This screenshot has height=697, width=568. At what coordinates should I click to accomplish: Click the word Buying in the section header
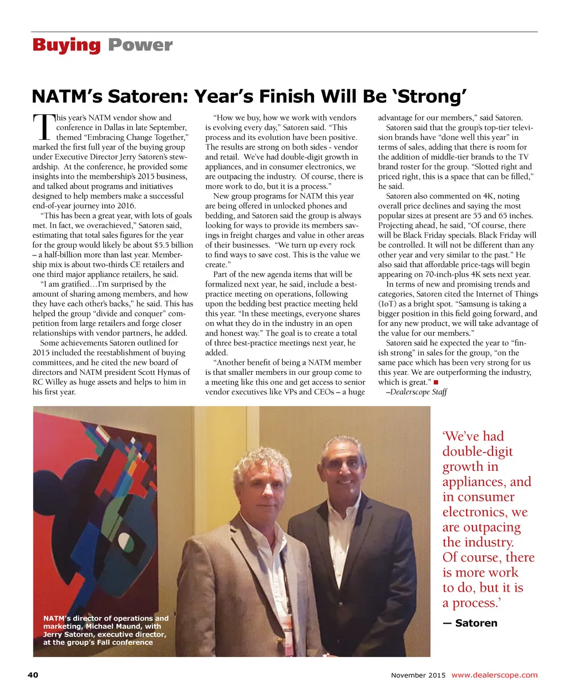pyautogui.click(x=67, y=45)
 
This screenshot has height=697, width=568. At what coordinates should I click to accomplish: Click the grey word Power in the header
pyautogui.click(x=140, y=45)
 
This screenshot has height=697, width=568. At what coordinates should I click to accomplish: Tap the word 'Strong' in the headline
pyautogui.click(x=436, y=97)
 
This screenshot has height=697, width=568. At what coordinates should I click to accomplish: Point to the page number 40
pyautogui.click(x=33, y=675)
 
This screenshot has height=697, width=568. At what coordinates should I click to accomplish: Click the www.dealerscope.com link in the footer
pyautogui.click(x=494, y=675)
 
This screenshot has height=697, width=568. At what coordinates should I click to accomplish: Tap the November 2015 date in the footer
pyautogui.click(x=418, y=675)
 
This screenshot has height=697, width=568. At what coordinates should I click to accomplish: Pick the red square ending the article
pyautogui.click(x=436, y=382)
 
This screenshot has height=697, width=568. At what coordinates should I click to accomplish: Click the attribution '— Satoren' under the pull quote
pyautogui.click(x=470, y=623)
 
